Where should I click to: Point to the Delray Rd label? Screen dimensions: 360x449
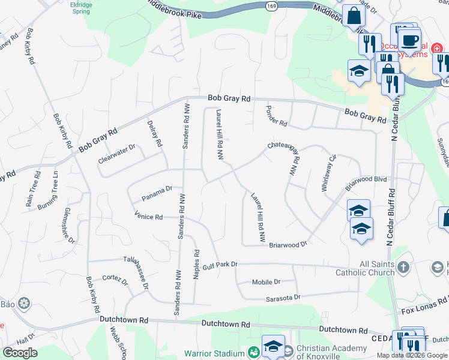155,133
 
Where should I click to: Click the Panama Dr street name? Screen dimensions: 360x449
157,193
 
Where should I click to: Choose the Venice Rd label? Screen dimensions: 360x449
149,216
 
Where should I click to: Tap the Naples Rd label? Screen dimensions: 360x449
196,265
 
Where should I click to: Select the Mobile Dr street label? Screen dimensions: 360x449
266,281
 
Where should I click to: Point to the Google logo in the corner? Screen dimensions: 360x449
20,352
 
